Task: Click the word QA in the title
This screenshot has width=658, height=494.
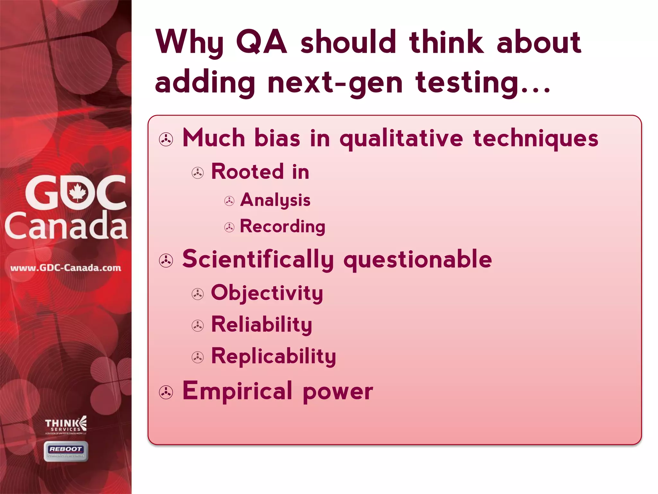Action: [x=261, y=42]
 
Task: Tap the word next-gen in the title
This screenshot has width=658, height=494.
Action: [x=335, y=83]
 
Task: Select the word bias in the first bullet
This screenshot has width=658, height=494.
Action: [x=277, y=138]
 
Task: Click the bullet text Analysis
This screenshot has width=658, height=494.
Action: [x=275, y=200]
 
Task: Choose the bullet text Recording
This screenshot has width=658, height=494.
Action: [x=282, y=227]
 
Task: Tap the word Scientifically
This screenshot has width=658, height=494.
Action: [x=258, y=260]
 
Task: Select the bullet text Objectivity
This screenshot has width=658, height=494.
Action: [x=267, y=293]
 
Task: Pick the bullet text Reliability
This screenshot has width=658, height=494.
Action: [x=262, y=325]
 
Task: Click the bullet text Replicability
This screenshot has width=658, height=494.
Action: [x=273, y=357]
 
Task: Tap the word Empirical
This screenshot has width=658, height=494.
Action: [x=237, y=391]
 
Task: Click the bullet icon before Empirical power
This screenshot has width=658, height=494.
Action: [x=166, y=392]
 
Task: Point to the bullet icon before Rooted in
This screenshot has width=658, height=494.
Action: [x=198, y=173]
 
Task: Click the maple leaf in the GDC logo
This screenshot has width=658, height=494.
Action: [x=77, y=192]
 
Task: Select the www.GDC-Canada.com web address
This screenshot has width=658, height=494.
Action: [x=66, y=268]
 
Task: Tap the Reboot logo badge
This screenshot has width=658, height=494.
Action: [x=66, y=451]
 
